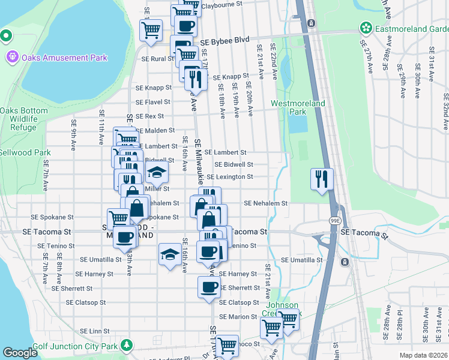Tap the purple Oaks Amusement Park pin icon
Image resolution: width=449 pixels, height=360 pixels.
click(11, 58)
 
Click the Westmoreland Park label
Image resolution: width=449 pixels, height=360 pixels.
click(298, 107)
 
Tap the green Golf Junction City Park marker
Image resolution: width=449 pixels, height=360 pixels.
click(126, 346)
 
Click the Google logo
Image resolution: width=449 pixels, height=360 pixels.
click(20, 353)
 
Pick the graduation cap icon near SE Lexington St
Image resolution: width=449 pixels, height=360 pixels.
click(157, 173)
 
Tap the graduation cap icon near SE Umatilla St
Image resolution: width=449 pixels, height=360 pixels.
click(170, 254)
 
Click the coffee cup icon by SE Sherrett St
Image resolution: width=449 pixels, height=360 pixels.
click(209, 287)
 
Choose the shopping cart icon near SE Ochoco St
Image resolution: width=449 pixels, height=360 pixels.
click(226, 346)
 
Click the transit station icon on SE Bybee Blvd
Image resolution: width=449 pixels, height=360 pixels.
click(311, 23)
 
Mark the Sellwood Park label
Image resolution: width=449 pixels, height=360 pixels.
click(25, 153)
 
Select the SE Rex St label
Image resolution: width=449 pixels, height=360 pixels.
click(149, 116)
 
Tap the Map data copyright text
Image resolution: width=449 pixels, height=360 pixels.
click(423, 355)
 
